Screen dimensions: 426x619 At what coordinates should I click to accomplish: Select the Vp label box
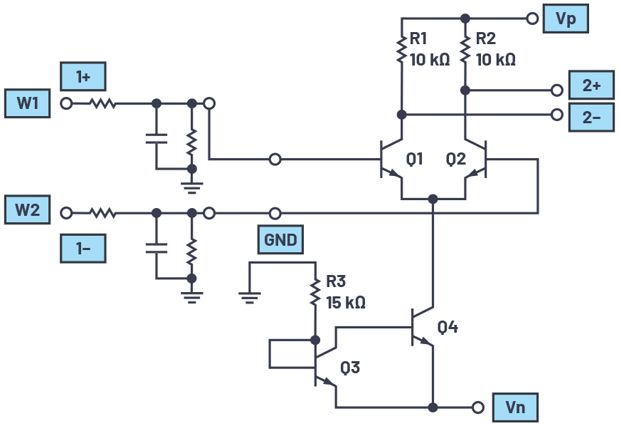coord(566,19)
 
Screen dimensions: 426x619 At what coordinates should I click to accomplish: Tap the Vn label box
coord(514,407)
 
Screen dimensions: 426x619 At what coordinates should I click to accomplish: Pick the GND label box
coord(280,240)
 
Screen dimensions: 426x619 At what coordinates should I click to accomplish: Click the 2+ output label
coord(591,85)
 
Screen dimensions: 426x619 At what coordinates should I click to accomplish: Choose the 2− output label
coord(591,118)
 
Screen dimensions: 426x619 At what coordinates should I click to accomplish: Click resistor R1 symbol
coord(401,50)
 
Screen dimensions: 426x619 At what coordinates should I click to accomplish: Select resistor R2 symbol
coord(465,50)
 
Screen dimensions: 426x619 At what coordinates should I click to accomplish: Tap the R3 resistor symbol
coord(314,291)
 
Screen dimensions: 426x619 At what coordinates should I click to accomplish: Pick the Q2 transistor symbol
coord(479,160)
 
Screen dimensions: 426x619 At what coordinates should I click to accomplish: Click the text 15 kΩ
coord(346,302)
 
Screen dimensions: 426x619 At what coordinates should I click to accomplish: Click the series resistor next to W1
coord(103,103)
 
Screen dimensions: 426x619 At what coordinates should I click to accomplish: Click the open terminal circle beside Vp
coord(531,19)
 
